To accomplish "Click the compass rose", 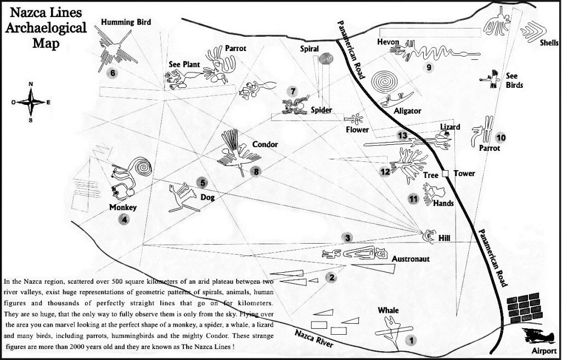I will click(x=31, y=102).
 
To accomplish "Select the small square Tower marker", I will click(x=446, y=173).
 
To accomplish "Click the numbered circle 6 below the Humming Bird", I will click(x=113, y=72).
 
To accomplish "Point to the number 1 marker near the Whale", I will click(x=409, y=340).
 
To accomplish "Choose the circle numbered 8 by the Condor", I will click(x=255, y=172).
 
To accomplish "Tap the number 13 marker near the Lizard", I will click(x=403, y=136).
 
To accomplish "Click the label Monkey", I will click(x=122, y=207).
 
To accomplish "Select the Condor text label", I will click(x=265, y=145).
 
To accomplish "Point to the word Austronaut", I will click(x=412, y=257).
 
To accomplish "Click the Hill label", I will click(x=444, y=239).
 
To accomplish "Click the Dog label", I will click(x=207, y=197).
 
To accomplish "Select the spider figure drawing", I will click(x=295, y=106).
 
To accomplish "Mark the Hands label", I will click(x=443, y=203).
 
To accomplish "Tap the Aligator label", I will click(x=407, y=111).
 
